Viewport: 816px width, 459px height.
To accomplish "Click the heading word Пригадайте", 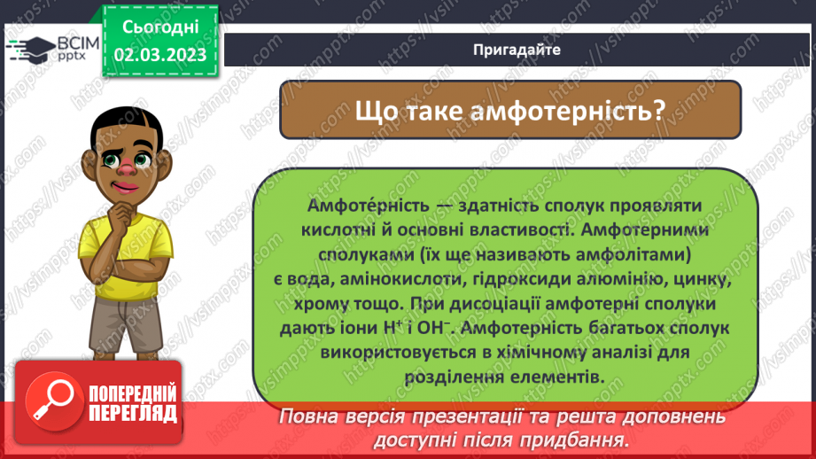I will tap(516, 50).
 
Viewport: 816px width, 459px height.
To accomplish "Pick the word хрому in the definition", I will tap(314, 304).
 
